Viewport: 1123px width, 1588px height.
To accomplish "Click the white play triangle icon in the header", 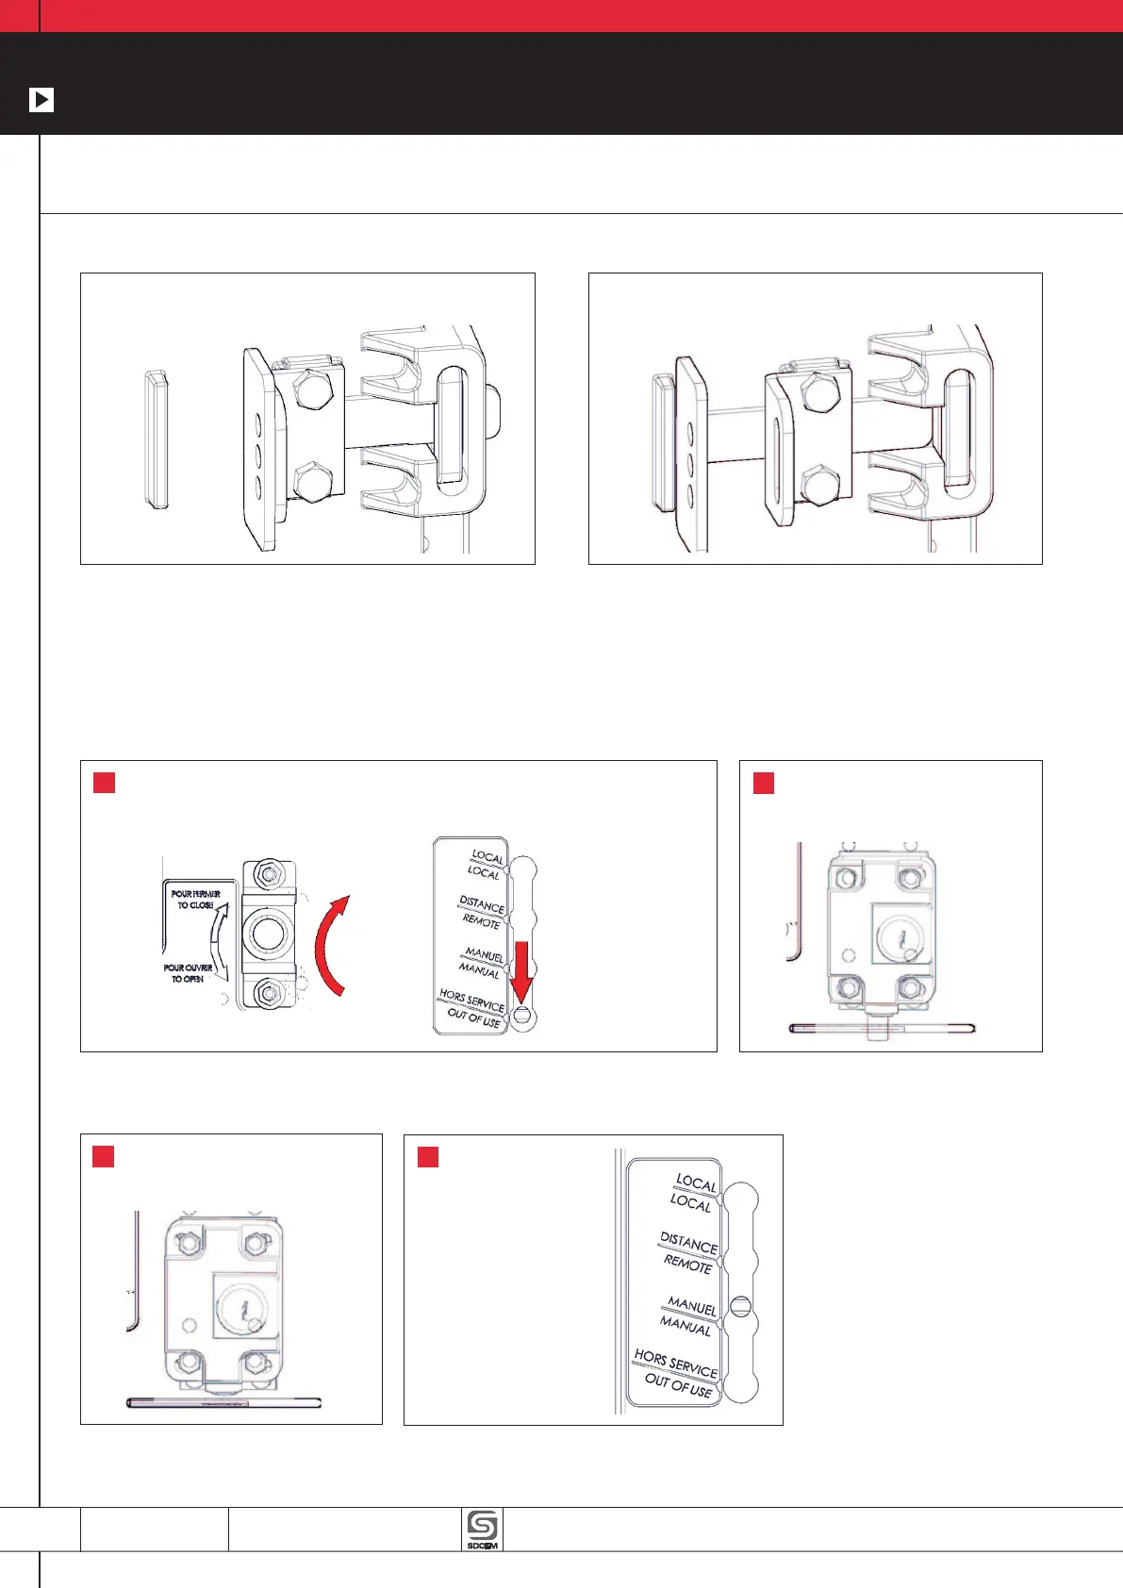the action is pyautogui.click(x=41, y=99).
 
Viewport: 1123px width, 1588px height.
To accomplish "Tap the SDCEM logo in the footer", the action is pyautogui.click(x=483, y=1529).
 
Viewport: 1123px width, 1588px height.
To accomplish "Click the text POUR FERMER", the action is pyautogui.click(x=195, y=893).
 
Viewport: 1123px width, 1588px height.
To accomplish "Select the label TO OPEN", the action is pyautogui.click(x=187, y=979).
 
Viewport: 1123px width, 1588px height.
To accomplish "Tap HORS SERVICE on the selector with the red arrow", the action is pyautogui.click(x=471, y=1000).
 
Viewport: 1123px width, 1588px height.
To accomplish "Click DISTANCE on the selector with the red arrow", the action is pyautogui.click(x=482, y=904).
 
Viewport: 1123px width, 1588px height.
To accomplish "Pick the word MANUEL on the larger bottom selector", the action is pyautogui.click(x=692, y=1306).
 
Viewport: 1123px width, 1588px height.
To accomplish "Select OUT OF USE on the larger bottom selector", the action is pyautogui.click(x=678, y=1384).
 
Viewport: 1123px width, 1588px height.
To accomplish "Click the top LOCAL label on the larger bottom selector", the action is pyautogui.click(x=696, y=1183).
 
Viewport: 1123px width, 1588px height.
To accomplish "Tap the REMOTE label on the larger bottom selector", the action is pyautogui.click(x=687, y=1264).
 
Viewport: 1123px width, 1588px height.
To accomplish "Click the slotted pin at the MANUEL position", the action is pyautogui.click(x=740, y=1306).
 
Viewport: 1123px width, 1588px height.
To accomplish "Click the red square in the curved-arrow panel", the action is pyautogui.click(x=105, y=783).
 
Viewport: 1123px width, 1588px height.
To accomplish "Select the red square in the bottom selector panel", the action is pyautogui.click(x=428, y=1156).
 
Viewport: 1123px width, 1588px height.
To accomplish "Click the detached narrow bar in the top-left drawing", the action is pyautogui.click(x=157, y=438).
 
